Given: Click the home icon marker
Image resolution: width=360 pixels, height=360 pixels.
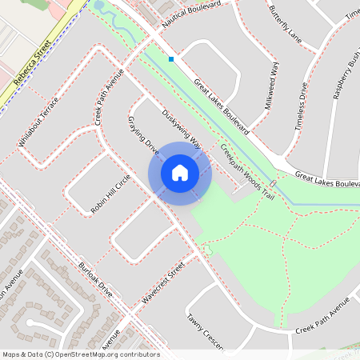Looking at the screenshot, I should point(180,172).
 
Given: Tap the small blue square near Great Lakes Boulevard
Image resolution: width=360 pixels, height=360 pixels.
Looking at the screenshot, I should point(171,58).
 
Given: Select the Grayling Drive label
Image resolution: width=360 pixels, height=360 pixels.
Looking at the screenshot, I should point(144,134).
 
